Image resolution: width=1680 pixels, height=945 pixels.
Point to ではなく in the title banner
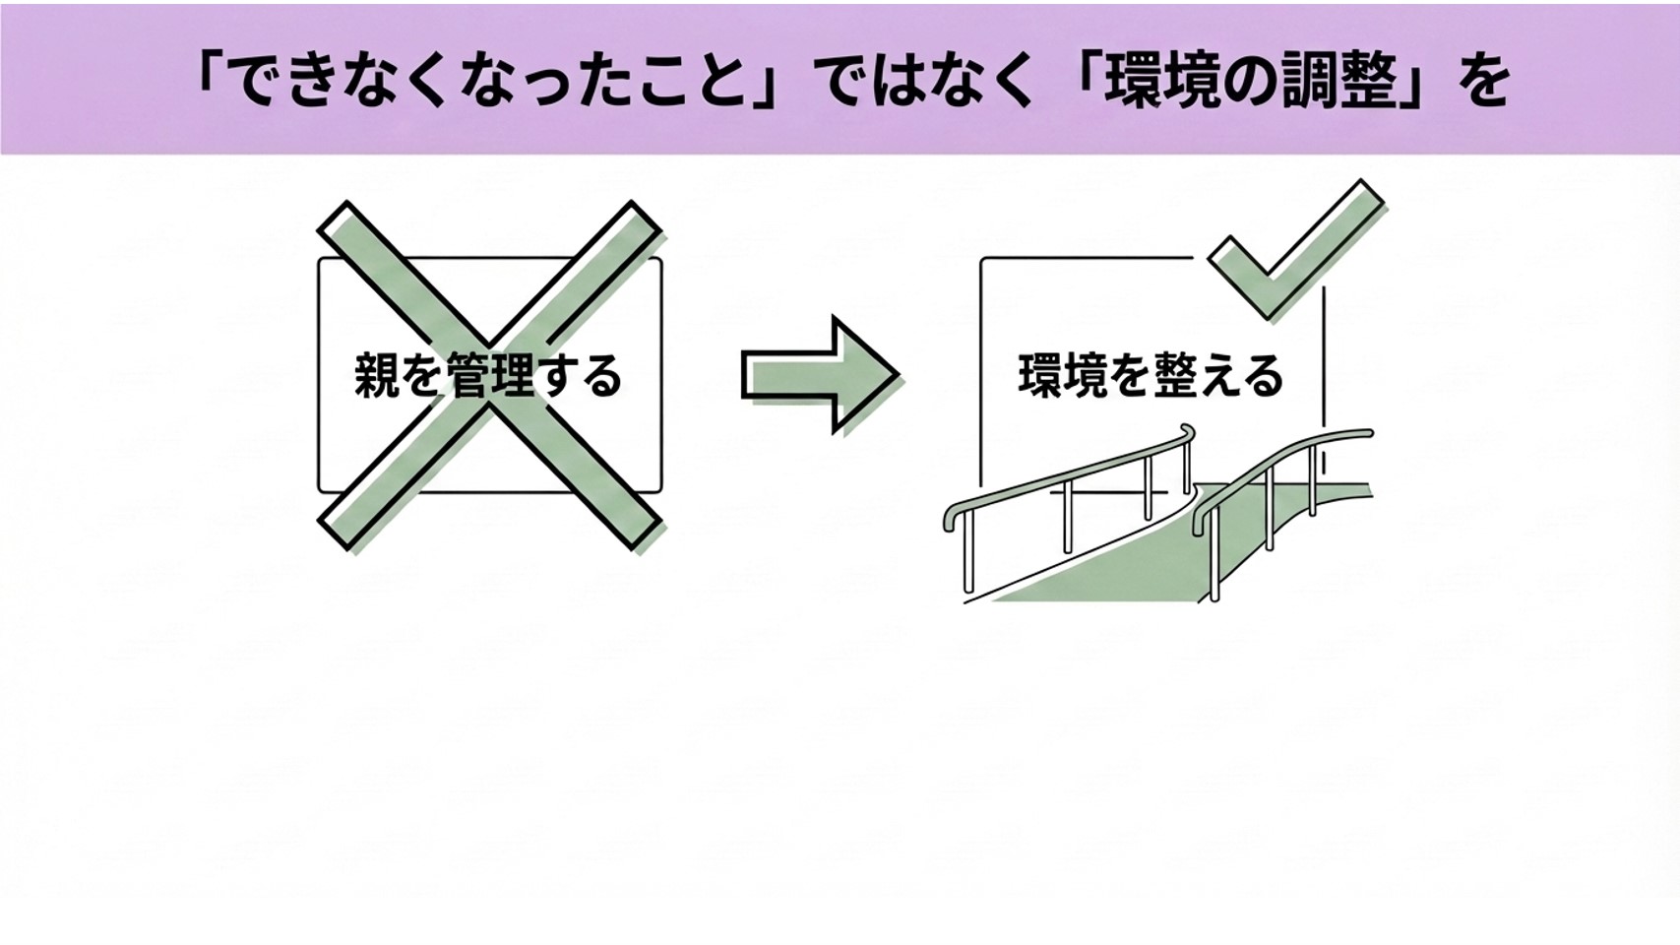pyautogui.click(x=927, y=80)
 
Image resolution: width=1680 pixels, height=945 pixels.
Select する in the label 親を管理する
pyautogui.click(x=580, y=376)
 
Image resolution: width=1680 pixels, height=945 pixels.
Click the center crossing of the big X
pyautogui.click(x=489, y=375)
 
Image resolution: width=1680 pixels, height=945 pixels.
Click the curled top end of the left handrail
pyautogui.click(x=1188, y=433)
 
